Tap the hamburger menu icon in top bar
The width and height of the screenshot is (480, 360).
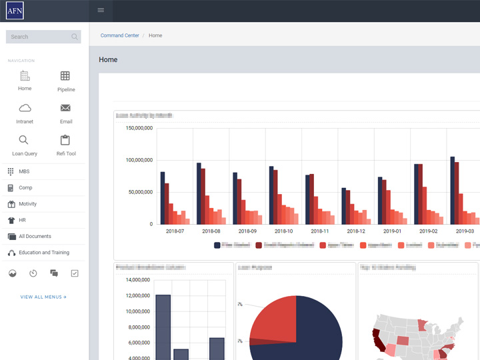click(101, 10)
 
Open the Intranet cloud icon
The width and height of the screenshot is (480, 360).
click(25, 109)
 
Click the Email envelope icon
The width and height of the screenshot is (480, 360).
click(65, 108)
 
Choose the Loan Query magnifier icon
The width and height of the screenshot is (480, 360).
click(24, 140)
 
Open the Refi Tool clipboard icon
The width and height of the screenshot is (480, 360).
click(65, 140)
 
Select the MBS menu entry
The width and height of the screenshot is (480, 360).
click(24, 171)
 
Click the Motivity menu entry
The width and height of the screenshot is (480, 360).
click(27, 204)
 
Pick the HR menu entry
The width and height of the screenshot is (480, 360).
click(22, 220)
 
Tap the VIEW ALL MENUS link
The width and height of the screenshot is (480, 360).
click(43, 297)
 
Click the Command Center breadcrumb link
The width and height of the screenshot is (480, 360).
click(120, 35)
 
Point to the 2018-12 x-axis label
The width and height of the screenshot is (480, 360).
click(356, 231)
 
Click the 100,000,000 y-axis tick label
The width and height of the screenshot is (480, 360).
click(139, 160)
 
